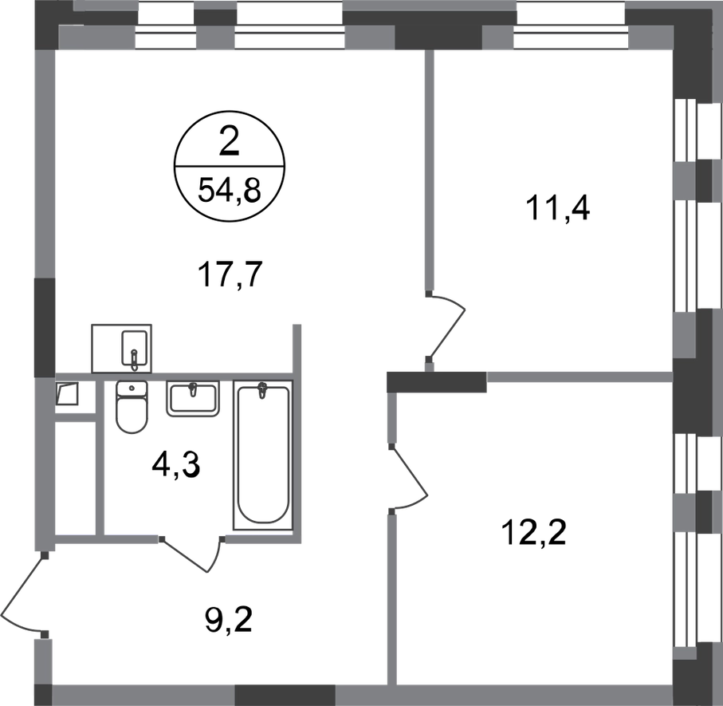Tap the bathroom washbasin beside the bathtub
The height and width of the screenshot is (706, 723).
click(192, 398)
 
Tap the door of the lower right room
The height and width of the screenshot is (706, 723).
click(408, 475)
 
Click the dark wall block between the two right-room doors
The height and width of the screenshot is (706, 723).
click(435, 381)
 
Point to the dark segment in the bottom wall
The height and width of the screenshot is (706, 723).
click(285, 694)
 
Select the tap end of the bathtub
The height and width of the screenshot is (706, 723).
click(261, 392)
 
